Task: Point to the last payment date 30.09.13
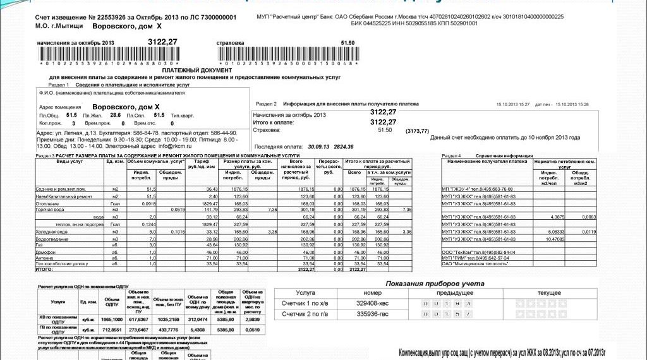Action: click(318, 147)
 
